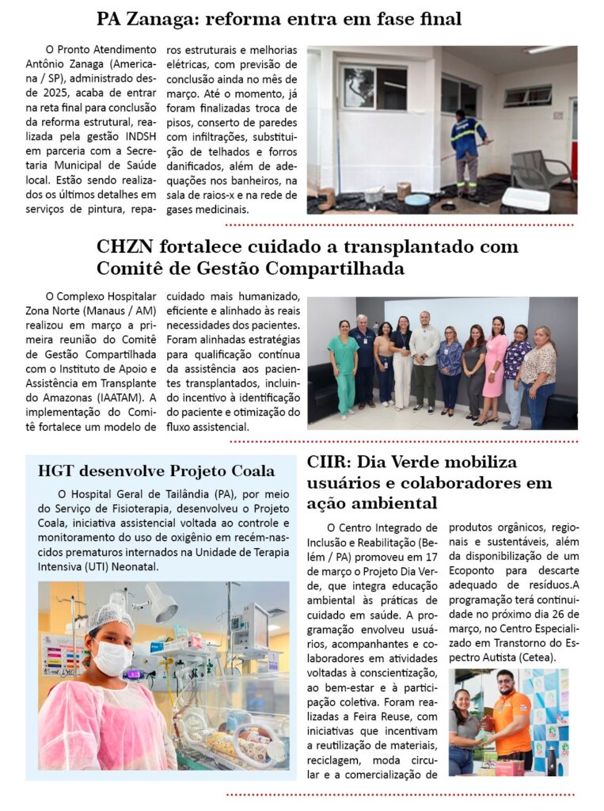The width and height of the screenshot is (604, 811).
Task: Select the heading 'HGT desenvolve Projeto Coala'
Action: [156, 470]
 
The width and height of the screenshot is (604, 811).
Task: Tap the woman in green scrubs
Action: [344, 365]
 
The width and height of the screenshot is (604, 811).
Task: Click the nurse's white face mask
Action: [113, 657]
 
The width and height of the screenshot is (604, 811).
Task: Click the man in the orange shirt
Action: [511, 722]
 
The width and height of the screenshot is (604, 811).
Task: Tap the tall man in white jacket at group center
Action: [424, 360]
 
